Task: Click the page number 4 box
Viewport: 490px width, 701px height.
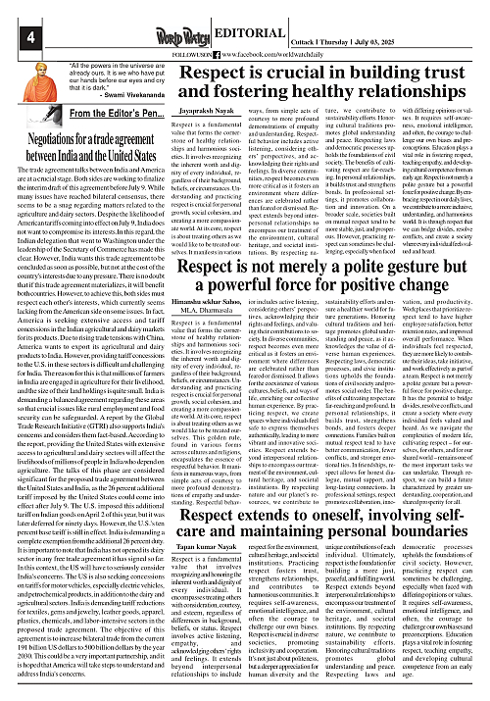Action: [16, 13]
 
